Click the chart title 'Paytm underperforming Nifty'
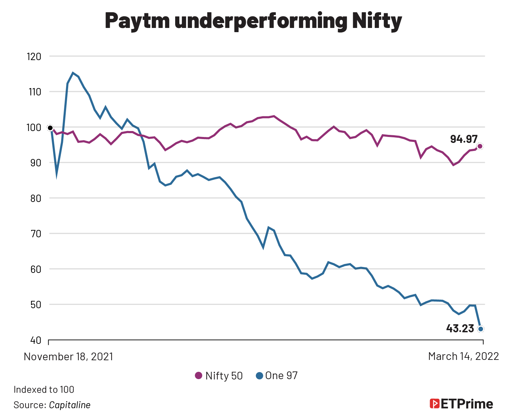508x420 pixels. pos(253,21)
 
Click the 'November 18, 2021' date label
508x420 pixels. pos(69,356)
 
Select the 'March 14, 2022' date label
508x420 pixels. pos(463,356)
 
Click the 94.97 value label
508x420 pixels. pos(464,139)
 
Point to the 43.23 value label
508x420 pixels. pos(460,329)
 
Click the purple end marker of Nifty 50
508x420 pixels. pos(480,146)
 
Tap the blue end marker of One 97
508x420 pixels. pos(481,329)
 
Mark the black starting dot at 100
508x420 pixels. pos(50,128)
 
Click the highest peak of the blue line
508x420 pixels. pos(73,73)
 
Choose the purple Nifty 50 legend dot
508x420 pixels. pos(199,376)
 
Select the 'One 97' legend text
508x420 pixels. pos(281,376)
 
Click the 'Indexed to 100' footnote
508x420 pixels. pos(44,390)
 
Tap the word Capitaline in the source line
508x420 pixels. pos(70,405)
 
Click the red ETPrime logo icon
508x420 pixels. pos(434,404)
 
